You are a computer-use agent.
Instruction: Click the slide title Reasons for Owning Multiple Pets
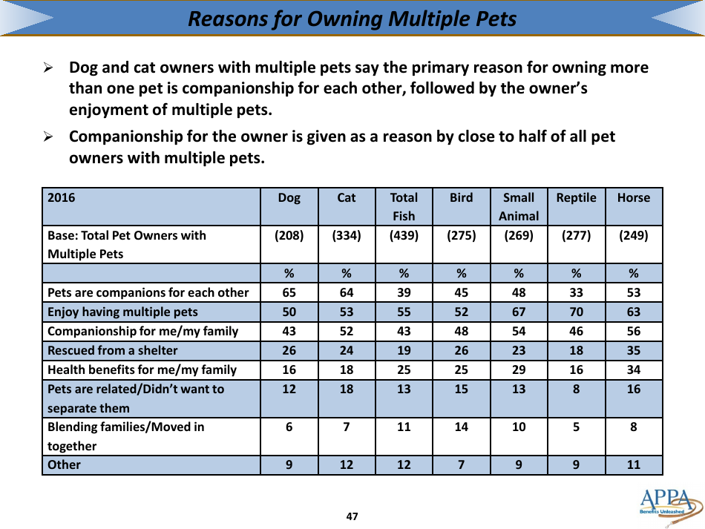coord(352,19)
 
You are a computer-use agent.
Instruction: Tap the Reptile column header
coord(576,198)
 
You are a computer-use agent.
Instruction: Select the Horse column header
coord(633,198)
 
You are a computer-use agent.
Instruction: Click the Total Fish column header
coord(404,207)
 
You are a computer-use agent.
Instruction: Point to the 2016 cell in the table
coord(62,198)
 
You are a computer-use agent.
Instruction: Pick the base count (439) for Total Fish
coord(404,236)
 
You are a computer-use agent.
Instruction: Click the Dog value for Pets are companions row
coord(289,292)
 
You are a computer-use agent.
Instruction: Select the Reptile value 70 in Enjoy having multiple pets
coord(576,312)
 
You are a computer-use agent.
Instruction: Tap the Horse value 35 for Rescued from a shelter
coord(633,350)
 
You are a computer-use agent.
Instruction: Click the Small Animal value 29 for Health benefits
coord(519,369)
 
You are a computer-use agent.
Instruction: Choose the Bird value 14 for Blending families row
coord(461,427)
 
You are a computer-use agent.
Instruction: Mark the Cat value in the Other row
coord(347,465)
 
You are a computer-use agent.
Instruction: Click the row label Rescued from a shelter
coord(112,350)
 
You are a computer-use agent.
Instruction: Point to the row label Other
coord(64,465)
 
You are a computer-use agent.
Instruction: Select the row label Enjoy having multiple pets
coord(122,312)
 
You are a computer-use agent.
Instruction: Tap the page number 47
coord(352,516)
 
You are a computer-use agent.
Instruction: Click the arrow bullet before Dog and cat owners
coord(48,68)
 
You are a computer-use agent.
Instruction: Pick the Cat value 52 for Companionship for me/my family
coord(347,331)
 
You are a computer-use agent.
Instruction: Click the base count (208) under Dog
coord(289,236)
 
